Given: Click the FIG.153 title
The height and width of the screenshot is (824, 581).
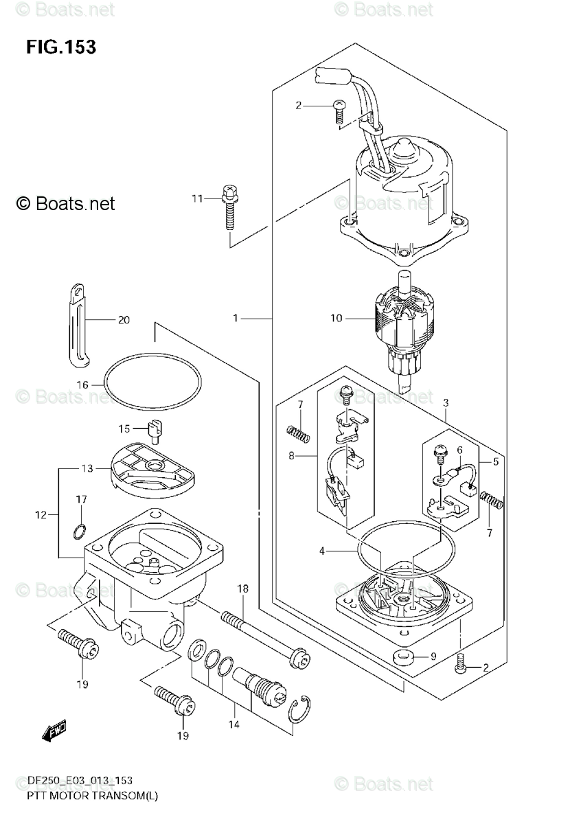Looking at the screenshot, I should pos(61,47).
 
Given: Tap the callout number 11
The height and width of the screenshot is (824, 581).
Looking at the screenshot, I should pos(198,199).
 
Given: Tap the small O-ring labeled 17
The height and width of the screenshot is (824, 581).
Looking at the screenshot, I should pos(80,530).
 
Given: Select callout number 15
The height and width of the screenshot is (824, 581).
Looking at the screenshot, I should pos(124,429).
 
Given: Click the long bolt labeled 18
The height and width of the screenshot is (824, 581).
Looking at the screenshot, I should pos(261,631).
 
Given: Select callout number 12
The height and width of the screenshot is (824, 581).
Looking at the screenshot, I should pos(41,514).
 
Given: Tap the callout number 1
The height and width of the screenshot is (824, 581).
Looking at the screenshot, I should pos(236,319).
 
